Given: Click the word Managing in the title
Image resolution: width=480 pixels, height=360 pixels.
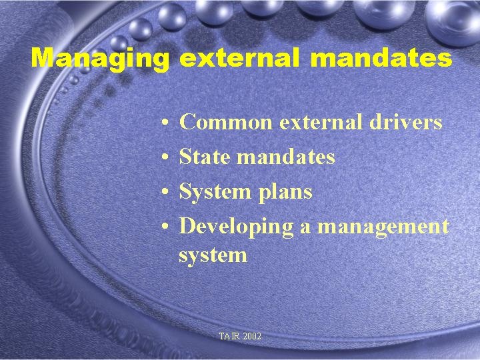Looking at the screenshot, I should (100, 59).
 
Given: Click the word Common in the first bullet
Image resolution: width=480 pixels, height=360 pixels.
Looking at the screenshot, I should (226, 123).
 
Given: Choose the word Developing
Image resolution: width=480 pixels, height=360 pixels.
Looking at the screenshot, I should (237, 227).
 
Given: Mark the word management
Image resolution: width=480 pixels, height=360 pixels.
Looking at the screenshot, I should (383, 227).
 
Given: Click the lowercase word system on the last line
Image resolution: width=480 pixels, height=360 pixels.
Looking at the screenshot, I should (213, 255).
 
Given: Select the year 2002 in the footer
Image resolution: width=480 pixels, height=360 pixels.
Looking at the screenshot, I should (253, 337).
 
